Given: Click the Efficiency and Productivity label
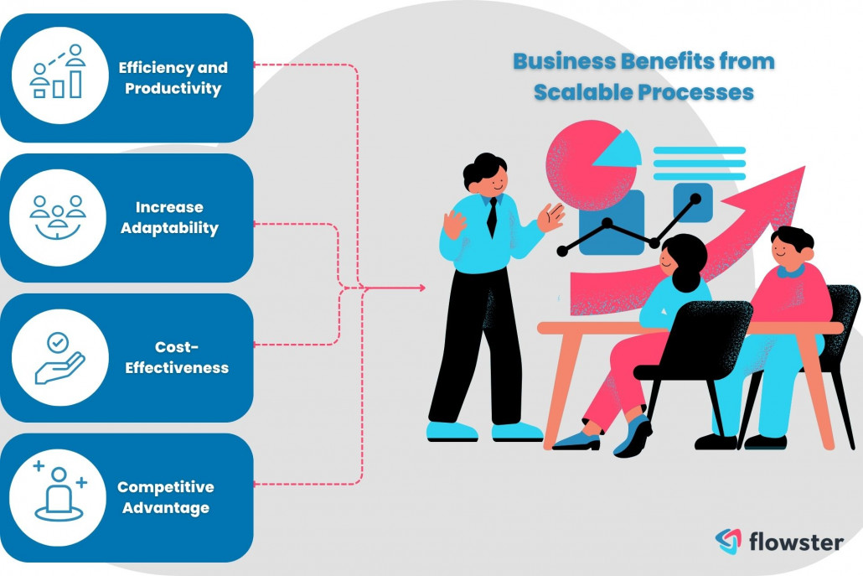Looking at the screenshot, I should click(x=173, y=77).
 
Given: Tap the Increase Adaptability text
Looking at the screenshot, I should click(x=170, y=217).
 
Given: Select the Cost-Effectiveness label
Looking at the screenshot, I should click(x=177, y=357).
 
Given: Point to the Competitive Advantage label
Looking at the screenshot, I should click(x=165, y=497).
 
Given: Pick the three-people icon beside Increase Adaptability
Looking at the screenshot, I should click(x=58, y=216).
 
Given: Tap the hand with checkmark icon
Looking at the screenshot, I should click(x=59, y=358).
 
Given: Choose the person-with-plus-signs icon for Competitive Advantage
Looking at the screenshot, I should click(x=59, y=494).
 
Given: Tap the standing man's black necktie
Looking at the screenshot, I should click(x=492, y=216).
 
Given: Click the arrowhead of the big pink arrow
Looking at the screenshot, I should click(x=783, y=189).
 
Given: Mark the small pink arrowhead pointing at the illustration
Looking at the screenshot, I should click(x=420, y=288).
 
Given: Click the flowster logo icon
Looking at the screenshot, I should click(x=727, y=542).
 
